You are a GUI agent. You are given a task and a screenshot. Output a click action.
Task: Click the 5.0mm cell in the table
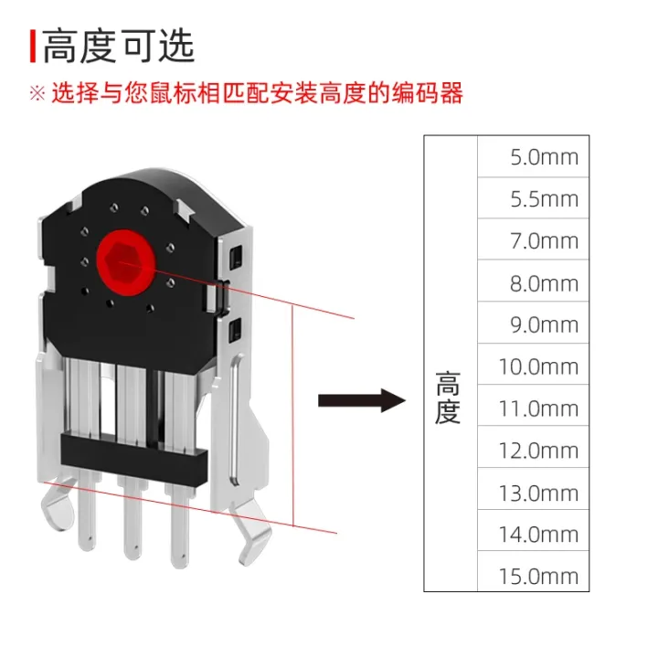pyautogui.click(x=544, y=156)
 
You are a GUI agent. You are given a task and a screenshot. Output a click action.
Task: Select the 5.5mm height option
pyautogui.click(x=544, y=198)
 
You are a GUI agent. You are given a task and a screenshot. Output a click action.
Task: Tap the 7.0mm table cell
pyautogui.click(x=544, y=240)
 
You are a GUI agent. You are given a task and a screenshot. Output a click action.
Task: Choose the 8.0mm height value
pyautogui.click(x=544, y=282)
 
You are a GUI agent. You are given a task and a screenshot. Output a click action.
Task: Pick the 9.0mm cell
pyautogui.click(x=544, y=324)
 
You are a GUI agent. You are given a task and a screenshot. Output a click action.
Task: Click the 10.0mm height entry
pyautogui.click(x=538, y=366)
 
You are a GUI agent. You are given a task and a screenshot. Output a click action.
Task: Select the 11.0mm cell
pyautogui.click(x=538, y=409)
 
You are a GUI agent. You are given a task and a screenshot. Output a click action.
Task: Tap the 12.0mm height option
pyautogui.click(x=538, y=451)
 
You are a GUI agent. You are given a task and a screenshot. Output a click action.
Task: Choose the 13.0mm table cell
pyautogui.click(x=538, y=493)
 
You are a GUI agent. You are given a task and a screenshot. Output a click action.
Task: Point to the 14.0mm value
pyautogui.click(x=538, y=534)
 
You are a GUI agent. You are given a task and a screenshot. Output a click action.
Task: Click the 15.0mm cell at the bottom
pyautogui.click(x=538, y=576)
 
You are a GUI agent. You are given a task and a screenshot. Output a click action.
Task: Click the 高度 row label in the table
pyautogui.click(x=449, y=398)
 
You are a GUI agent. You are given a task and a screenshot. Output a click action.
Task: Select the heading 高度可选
pyautogui.click(x=120, y=46)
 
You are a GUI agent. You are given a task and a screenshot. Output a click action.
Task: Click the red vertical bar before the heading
pyautogui.click(x=33, y=46)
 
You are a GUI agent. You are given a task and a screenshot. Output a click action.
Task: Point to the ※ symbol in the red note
pyautogui.click(x=37, y=93)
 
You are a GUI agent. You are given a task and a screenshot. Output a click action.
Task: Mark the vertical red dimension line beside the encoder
pyautogui.click(x=292, y=416)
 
